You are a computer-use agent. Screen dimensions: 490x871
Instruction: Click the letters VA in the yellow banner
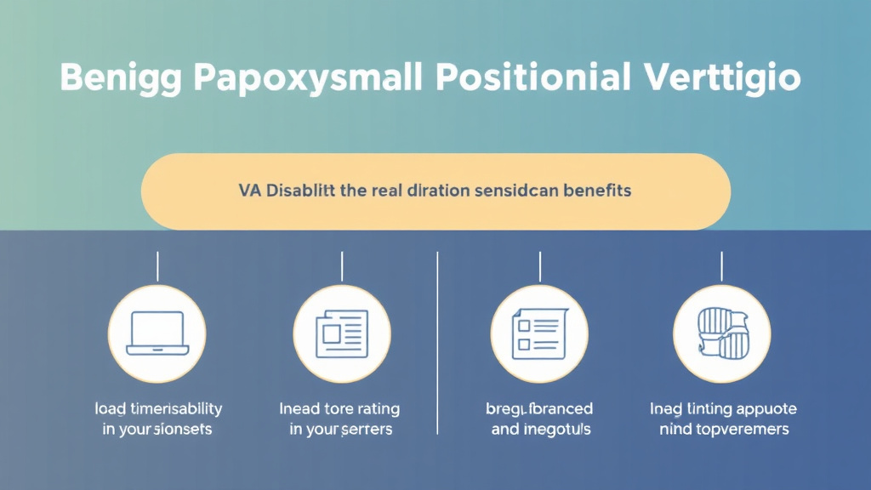pyautogui.click(x=249, y=191)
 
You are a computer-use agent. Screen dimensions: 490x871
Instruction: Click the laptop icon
pyautogui.click(x=157, y=333)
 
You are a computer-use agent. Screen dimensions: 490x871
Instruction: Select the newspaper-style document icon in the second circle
pyautogui.click(x=341, y=333)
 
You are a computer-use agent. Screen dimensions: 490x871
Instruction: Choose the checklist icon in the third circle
pyautogui.click(x=539, y=333)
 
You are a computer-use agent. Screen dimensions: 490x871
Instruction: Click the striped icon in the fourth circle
pyautogui.click(x=721, y=333)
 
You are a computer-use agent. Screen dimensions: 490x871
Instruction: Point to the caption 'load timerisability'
pyautogui.click(x=157, y=409)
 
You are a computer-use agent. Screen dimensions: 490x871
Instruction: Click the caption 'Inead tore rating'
pyautogui.click(x=339, y=409)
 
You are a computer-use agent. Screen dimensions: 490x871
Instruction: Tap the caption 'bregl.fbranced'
pyautogui.click(x=539, y=409)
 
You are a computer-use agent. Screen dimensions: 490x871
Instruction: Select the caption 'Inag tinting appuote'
pyautogui.click(x=724, y=409)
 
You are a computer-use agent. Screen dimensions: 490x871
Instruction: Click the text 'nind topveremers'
pyautogui.click(x=724, y=430)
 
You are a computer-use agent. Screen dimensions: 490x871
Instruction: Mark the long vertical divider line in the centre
pyautogui.click(x=436, y=340)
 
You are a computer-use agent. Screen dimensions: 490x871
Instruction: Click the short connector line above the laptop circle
pyautogui.click(x=157, y=266)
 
